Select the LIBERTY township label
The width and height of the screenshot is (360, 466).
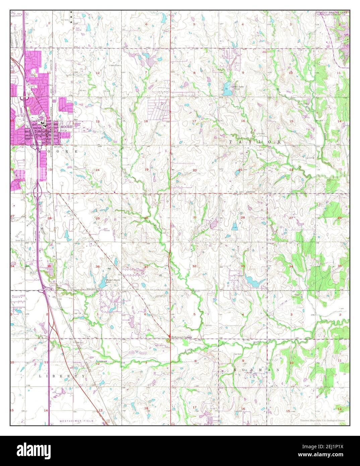62,376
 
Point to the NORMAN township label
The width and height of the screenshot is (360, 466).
255,369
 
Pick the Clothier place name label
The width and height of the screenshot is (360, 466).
251,192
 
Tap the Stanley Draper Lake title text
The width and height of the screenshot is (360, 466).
332,12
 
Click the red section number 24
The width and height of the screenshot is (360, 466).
98,170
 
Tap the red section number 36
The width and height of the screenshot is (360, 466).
98,267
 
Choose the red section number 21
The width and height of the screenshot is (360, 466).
240,170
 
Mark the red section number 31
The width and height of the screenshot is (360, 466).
146,267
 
